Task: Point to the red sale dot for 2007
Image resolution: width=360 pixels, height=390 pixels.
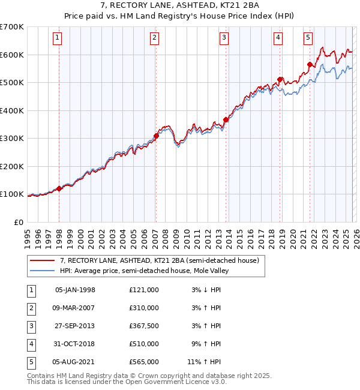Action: click(155, 136)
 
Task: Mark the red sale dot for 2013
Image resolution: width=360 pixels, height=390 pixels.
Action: click(226, 119)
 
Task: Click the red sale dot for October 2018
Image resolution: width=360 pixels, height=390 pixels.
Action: click(280, 79)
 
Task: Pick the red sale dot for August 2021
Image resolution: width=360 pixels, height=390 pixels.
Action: click(310, 64)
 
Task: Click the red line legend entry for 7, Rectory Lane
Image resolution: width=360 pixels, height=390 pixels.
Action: click(159, 260)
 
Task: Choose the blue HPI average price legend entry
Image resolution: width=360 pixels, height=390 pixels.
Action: click(144, 271)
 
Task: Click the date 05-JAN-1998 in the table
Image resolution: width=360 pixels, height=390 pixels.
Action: click(75, 290)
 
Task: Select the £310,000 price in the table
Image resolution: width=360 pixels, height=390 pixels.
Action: click(144, 308)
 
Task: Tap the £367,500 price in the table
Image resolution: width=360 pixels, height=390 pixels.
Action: click(144, 326)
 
